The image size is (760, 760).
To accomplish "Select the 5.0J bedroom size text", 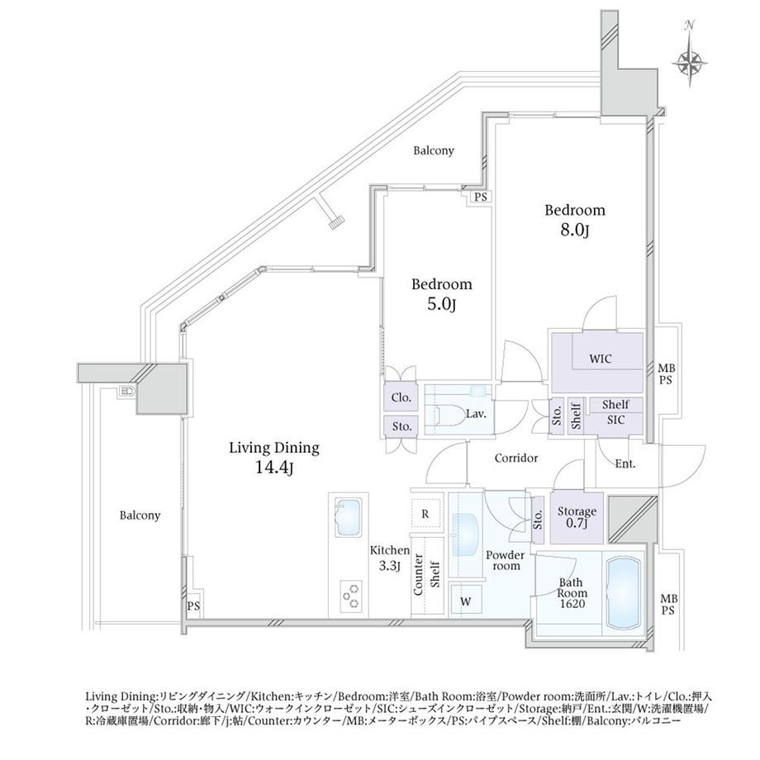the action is [x=442, y=305].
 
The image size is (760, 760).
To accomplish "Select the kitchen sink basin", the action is [x=348, y=517].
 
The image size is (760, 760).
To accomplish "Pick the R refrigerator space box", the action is [x=425, y=514].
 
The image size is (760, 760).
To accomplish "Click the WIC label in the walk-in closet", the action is [x=600, y=359].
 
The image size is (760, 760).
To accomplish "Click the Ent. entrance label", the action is [x=625, y=464].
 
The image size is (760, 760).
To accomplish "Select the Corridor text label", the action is [x=516, y=458].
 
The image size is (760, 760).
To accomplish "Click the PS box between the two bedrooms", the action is [x=480, y=197].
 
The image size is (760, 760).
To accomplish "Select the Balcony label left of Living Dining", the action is [x=139, y=515].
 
